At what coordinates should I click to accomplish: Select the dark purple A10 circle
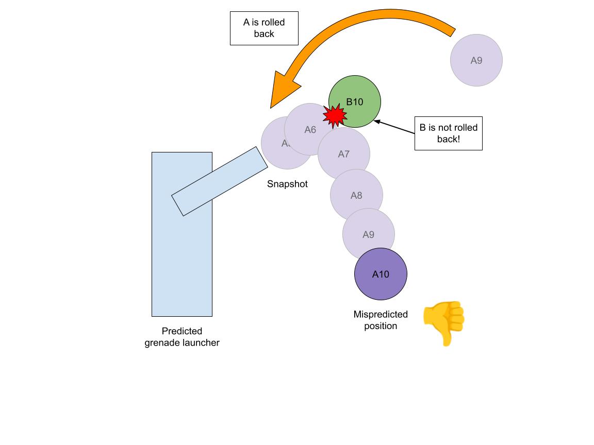click(x=381, y=274)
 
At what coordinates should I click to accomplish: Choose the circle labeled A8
click(x=356, y=196)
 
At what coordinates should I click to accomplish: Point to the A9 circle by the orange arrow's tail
click(x=476, y=60)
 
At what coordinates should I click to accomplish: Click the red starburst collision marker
click(x=334, y=115)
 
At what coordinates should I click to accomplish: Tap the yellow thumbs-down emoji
click(x=444, y=323)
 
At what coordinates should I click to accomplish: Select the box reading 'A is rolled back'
click(x=264, y=28)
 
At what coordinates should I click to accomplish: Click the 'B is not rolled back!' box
click(x=448, y=133)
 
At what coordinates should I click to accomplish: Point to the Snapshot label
click(x=287, y=184)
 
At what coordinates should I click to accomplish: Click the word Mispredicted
click(x=381, y=314)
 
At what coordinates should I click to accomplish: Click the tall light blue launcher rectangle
click(x=181, y=258)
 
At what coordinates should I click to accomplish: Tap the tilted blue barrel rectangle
click(x=220, y=181)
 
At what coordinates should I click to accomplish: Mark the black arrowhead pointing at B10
click(x=377, y=122)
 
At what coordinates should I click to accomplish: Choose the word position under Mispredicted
click(x=381, y=326)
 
